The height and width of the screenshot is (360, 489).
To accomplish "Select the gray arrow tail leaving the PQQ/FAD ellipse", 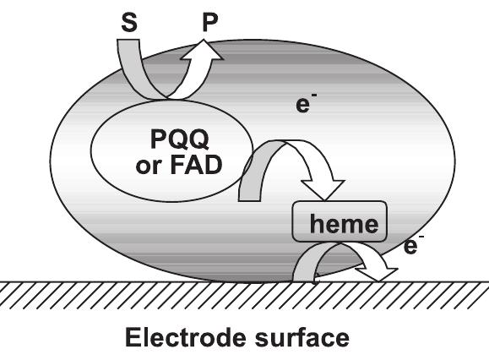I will click(251, 173).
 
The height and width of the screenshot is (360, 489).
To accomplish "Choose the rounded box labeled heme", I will click(340, 224).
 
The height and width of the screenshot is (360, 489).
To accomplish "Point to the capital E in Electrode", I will click(133, 338).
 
